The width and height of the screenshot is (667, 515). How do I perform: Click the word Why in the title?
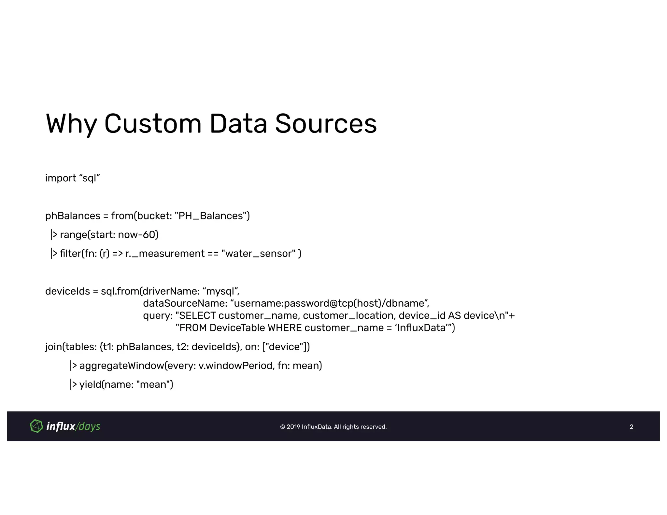click(71, 124)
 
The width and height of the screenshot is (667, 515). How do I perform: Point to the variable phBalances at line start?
click(73, 216)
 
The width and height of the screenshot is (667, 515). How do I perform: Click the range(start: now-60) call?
click(109, 235)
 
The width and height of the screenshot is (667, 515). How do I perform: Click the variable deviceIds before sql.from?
click(67, 291)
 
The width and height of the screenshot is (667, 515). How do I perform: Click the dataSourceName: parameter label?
click(185, 303)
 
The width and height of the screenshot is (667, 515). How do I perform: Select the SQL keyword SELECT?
click(197, 316)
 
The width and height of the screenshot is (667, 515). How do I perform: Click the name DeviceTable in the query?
click(237, 328)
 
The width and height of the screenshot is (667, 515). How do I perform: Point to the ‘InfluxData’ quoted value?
click(422, 328)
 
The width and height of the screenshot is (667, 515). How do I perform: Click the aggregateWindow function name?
click(122, 366)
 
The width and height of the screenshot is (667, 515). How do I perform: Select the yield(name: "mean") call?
click(126, 385)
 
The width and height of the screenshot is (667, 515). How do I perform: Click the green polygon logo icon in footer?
click(36, 426)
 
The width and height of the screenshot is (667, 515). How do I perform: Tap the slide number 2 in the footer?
click(632, 427)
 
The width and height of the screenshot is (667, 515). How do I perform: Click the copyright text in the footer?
click(333, 427)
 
